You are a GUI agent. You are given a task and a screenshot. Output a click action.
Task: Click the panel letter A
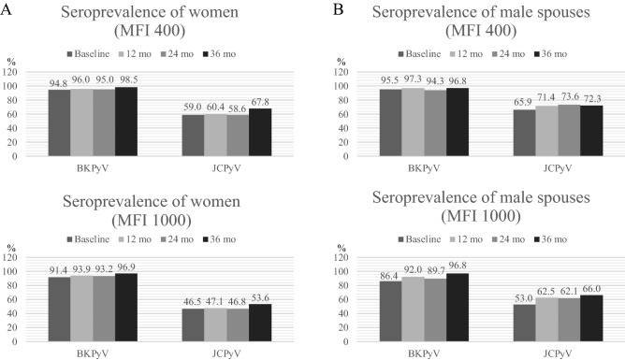[x=8, y=9]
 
